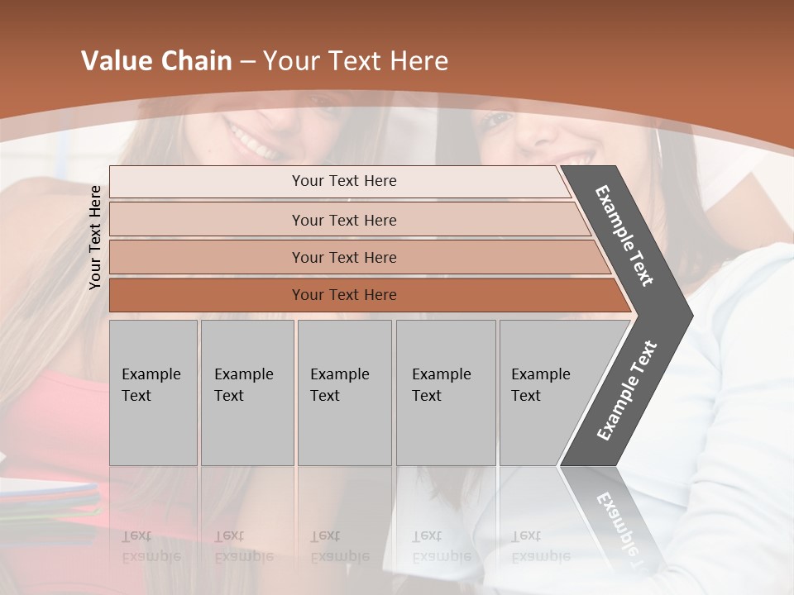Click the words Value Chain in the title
point(156,61)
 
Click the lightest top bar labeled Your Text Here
point(343,181)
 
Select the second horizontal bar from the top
point(343,220)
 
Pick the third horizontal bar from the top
point(343,257)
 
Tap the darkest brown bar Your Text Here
point(343,295)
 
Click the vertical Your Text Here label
point(95,237)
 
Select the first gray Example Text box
point(153,392)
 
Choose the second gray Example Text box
point(246,392)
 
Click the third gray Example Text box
point(344,392)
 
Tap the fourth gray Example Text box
point(445,392)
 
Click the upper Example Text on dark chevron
point(624,236)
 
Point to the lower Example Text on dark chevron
point(626,391)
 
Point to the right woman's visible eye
point(496,121)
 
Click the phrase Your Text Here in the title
point(356,61)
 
